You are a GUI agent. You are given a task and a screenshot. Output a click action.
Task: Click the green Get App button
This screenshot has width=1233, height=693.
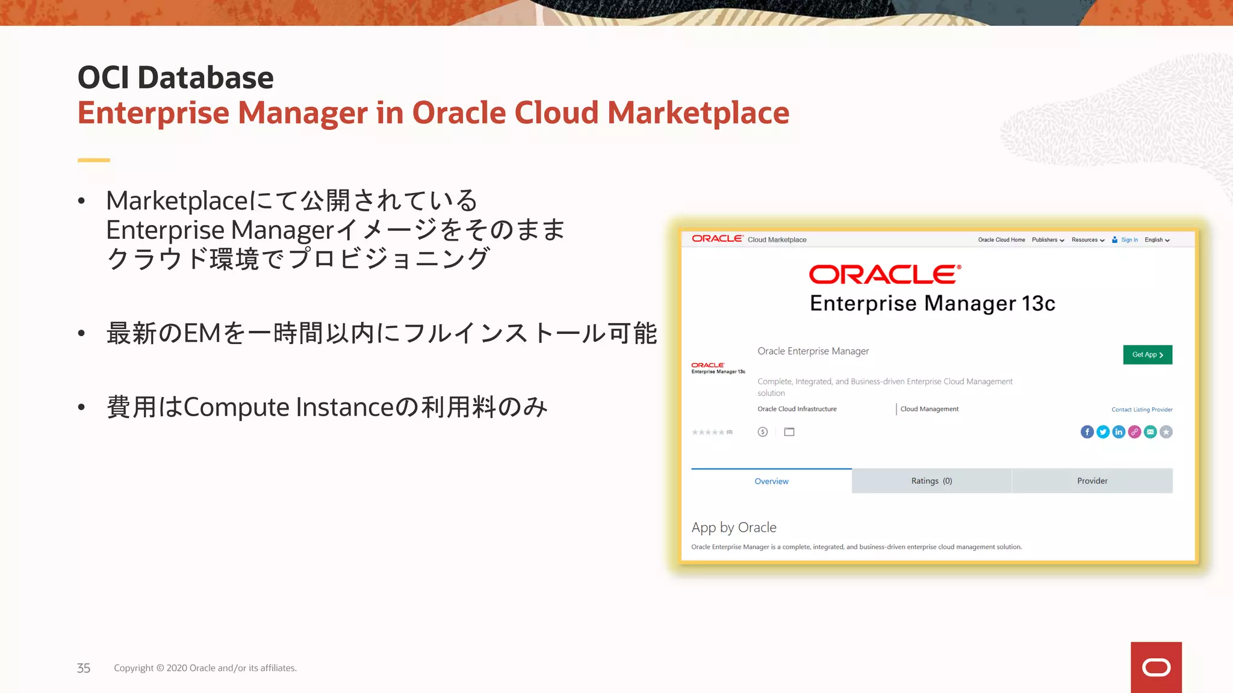[x=1147, y=355]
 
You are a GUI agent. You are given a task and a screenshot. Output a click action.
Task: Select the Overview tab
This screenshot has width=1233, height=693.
[x=771, y=481]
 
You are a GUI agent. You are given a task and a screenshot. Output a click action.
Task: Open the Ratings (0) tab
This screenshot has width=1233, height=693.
[x=931, y=481]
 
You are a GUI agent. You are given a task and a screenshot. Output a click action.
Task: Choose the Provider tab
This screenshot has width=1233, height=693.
[x=1092, y=481]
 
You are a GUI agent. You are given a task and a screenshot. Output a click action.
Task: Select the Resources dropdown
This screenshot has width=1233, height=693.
[x=1088, y=240]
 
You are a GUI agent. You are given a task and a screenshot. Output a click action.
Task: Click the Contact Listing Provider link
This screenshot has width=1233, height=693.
[x=1141, y=410]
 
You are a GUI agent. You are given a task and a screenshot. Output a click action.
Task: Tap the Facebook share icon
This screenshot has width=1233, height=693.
[x=1087, y=432]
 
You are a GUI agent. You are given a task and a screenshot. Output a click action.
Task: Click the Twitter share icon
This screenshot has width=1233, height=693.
[x=1103, y=432]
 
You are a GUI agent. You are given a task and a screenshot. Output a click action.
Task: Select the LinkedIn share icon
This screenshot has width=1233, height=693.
[x=1119, y=432]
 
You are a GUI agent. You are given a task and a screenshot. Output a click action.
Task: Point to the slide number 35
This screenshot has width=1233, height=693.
[x=84, y=668]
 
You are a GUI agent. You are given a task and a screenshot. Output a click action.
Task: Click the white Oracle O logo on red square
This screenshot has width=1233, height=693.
[x=1156, y=668]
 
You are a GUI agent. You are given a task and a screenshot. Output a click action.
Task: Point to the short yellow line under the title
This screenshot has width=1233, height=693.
[x=94, y=160]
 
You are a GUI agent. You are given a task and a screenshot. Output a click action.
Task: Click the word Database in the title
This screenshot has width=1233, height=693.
[x=205, y=78]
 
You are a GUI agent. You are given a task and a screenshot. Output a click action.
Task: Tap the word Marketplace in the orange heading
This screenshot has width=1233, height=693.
[x=698, y=112]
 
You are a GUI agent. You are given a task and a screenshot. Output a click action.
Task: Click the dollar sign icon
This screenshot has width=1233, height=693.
[x=763, y=432]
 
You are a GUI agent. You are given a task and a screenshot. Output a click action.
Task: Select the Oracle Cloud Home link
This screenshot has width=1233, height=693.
[x=1001, y=240]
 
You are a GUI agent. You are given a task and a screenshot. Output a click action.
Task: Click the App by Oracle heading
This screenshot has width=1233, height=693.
[x=734, y=528]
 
